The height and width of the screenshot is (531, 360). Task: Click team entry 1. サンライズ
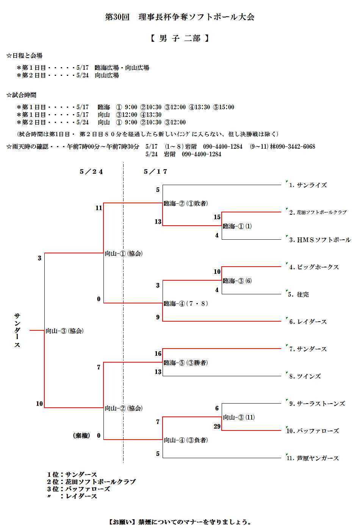(x=308, y=185)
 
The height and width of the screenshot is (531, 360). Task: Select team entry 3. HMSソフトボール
(x=320, y=240)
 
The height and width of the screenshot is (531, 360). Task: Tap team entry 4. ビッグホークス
(x=314, y=267)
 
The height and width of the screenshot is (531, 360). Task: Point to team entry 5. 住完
(x=299, y=294)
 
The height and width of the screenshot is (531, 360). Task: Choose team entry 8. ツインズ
(x=305, y=376)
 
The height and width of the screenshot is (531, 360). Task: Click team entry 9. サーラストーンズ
(x=317, y=404)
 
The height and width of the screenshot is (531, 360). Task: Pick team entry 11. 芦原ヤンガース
(x=313, y=458)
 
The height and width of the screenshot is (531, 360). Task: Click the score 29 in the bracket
(x=217, y=426)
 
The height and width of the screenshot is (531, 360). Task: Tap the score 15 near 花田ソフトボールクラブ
(x=217, y=217)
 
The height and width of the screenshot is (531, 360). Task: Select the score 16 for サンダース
(x=158, y=353)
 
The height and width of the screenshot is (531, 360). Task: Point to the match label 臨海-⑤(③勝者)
(x=186, y=363)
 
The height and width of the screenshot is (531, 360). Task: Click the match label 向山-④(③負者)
(x=186, y=440)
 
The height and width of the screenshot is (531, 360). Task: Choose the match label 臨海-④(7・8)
(x=186, y=303)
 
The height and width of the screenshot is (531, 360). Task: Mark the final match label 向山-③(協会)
(x=64, y=331)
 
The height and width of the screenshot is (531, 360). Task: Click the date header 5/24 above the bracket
(x=91, y=171)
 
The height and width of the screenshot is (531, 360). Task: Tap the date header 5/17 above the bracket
(x=155, y=171)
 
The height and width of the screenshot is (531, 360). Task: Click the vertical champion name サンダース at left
(x=17, y=330)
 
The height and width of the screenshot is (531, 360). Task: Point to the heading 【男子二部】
(x=180, y=38)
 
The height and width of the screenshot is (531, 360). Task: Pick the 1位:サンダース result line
(x=72, y=474)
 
